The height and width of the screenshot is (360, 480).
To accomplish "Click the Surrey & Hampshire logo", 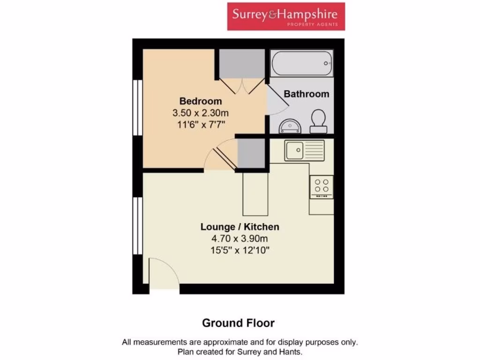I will coord(286,16).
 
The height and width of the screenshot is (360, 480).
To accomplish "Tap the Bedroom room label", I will coord(201,101).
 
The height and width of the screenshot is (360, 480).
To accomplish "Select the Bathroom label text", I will coord(307,94).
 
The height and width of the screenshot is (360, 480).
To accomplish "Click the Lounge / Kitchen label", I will coord(240,227).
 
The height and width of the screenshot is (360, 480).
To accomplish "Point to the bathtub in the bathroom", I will coord(301,63).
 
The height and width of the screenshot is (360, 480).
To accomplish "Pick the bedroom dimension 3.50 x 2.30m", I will coord(201,113).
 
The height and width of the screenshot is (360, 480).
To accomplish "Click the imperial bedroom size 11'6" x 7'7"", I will coord(201,124).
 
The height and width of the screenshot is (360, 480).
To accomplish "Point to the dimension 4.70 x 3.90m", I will coord(240,239).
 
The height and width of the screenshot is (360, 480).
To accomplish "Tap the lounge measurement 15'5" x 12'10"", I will coord(240,250).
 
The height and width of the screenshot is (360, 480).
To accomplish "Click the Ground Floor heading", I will coord(238,323).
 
